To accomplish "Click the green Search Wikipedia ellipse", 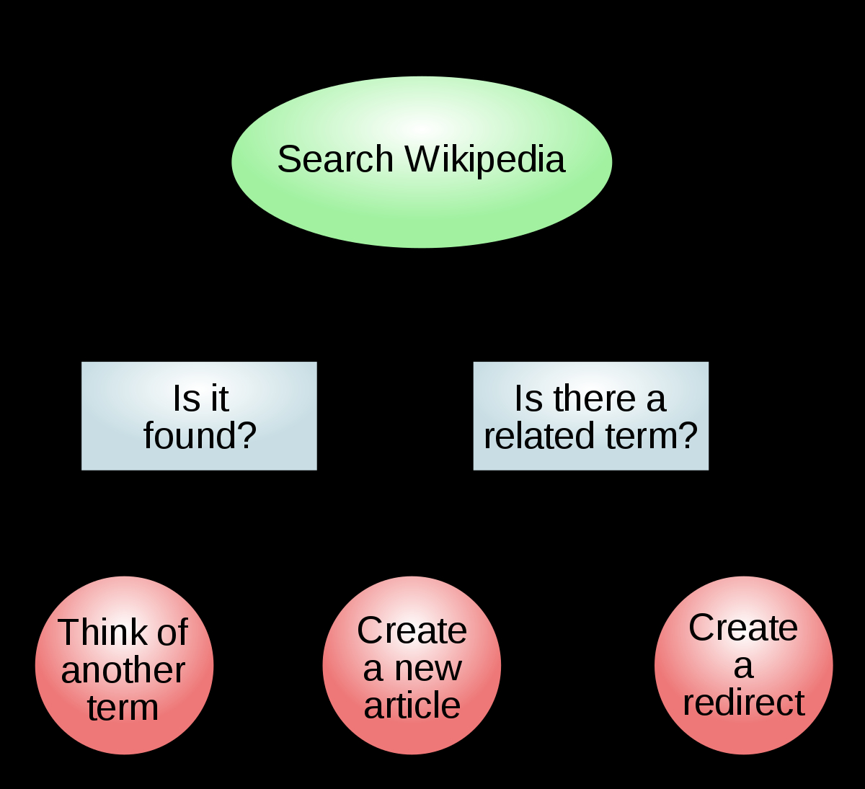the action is click(x=422, y=162).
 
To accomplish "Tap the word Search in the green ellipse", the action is click(x=335, y=159).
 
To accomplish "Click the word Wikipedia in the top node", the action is click(x=484, y=161).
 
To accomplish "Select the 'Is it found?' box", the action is click(x=199, y=416).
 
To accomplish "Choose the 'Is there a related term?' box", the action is click(x=591, y=416).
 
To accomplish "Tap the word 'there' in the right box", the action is click(x=595, y=398).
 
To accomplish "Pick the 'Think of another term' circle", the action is click(x=124, y=665).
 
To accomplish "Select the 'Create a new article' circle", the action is click(x=412, y=665).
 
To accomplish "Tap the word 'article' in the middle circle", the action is click(x=412, y=705).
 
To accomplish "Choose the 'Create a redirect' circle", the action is click(x=744, y=665).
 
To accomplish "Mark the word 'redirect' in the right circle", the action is click(x=744, y=703).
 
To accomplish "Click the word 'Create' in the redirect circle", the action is click(x=743, y=628).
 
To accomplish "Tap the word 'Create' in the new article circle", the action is click(x=412, y=630).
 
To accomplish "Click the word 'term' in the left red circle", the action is click(x=123, y=708).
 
